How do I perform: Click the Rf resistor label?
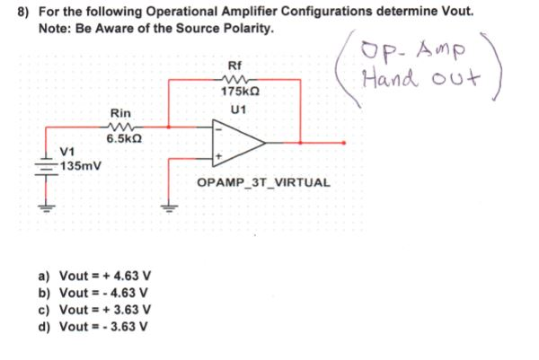click(x=235, y=66)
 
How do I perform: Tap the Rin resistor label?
click(x=120, y=113)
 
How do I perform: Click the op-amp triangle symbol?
click(x=236, y=141)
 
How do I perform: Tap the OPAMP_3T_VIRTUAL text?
click(x=263, y=183)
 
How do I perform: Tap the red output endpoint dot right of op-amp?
click(x=343, y=142)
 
